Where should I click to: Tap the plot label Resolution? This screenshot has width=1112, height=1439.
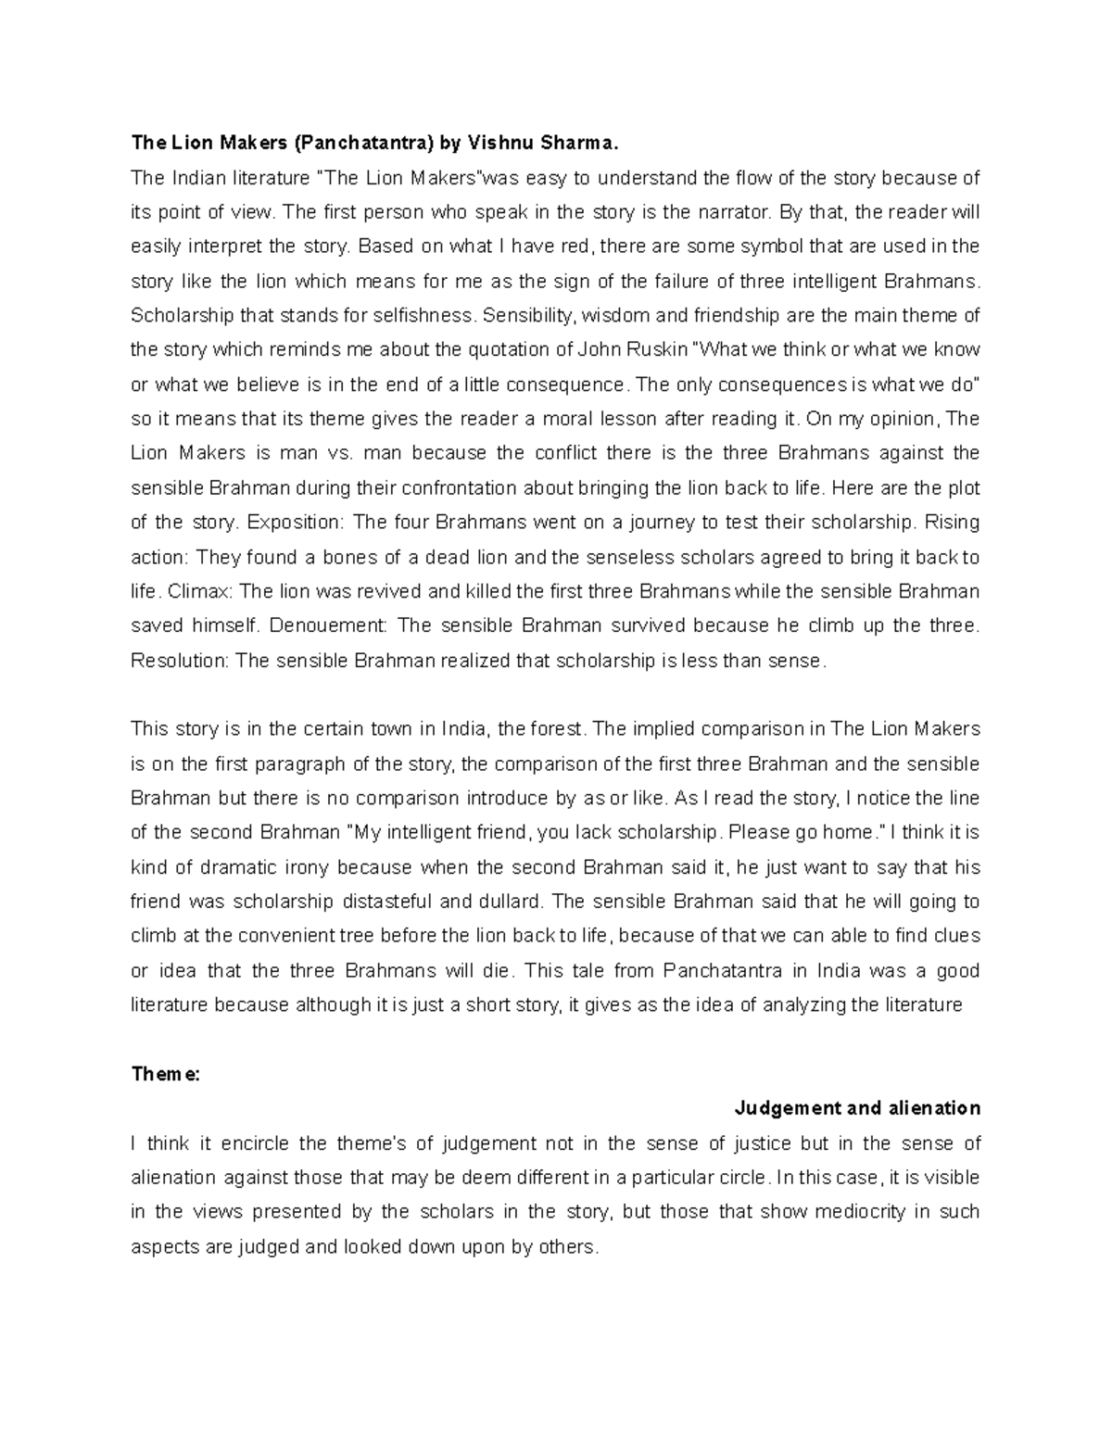point(180,662)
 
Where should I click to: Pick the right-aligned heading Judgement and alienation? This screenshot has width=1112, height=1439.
point(857,1109)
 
